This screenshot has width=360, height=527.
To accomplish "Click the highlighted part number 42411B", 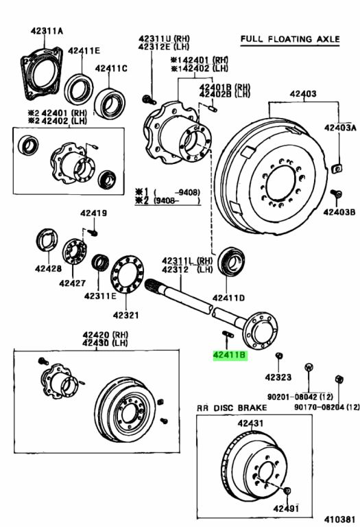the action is tap(230, 355).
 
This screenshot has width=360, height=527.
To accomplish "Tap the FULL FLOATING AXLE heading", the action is tap(290, 39).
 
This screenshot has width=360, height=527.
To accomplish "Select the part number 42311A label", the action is tap(47, 31).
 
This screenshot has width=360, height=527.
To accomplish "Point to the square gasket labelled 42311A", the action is tap(41, 73).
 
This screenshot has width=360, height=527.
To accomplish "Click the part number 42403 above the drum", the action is tap(303, 93).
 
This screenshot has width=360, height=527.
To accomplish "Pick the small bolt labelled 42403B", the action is tap(336, 194).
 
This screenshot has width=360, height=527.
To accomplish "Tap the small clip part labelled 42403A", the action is tap(337, 167).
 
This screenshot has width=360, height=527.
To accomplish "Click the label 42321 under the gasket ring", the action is tap(125, 315).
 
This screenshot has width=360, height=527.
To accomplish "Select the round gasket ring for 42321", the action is tap(128, 274).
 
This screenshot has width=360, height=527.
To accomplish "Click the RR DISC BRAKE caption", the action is tap(232, 408).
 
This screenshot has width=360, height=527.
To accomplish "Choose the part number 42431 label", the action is tap(250, 423).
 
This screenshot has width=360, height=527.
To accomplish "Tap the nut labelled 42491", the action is tap(287, 491).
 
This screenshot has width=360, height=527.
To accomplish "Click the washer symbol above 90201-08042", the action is tap(309, 367).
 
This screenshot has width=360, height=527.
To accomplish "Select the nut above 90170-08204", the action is tap(339, 379).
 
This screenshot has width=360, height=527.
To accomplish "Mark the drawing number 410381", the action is tap(339, 519).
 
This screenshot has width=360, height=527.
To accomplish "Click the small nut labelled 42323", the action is tap(278, 355).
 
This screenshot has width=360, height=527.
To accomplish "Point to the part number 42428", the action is tap(49, 268).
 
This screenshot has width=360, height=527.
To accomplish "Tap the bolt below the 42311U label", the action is tap(149, 99).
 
